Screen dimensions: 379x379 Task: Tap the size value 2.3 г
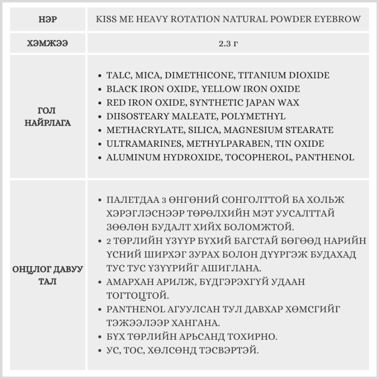click(x=228, y=43)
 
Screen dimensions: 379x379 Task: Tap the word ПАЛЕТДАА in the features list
click(x=132, y=200)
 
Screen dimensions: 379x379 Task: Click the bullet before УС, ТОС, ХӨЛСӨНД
click(x=100, y=351)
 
